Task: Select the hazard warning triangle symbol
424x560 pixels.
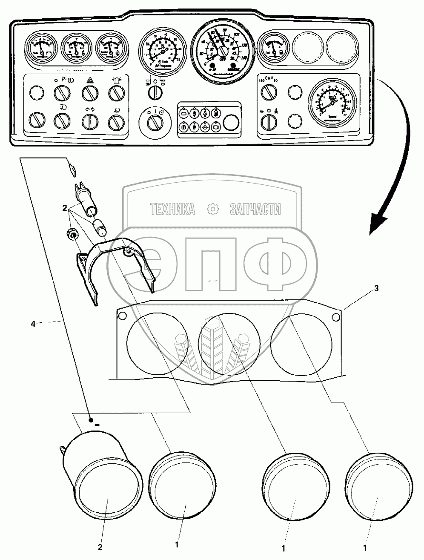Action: [90, 80]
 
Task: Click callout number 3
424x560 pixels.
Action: [376, 288]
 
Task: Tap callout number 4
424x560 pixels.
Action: [33, 324]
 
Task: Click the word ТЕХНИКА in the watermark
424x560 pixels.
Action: [172, 209]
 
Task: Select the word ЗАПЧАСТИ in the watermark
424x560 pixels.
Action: [255, 209]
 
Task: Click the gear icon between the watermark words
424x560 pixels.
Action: [212, 209]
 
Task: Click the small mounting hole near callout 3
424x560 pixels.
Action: [335, 316]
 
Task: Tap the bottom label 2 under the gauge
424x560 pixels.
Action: [101, 547]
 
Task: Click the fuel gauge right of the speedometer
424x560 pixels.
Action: [272, 48]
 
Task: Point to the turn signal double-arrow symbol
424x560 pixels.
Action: [90, 109]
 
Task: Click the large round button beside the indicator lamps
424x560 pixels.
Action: [231, 123]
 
